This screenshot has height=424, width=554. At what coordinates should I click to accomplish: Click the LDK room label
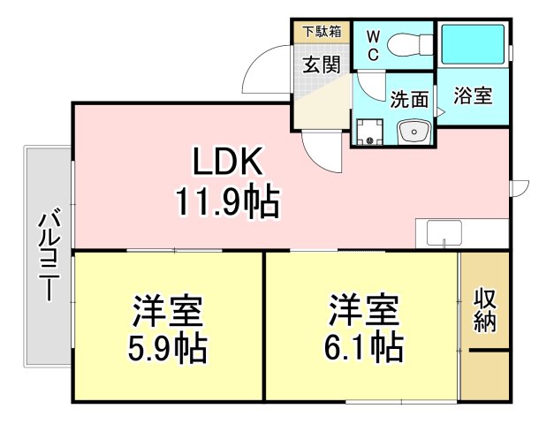click(x=226, y=163)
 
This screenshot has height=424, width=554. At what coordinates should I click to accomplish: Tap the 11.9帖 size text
click(x=226, y=202)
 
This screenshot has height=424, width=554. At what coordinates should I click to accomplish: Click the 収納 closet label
click(x=485, y=309)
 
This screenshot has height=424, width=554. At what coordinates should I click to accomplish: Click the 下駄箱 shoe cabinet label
click(x=322, y=33)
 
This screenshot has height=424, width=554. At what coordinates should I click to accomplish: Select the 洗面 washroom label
click(x=408, y=100)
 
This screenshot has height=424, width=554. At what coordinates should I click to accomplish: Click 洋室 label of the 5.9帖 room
click(x=167, y=312)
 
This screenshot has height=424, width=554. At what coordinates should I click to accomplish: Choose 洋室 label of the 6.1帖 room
click(x=364, y=310)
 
